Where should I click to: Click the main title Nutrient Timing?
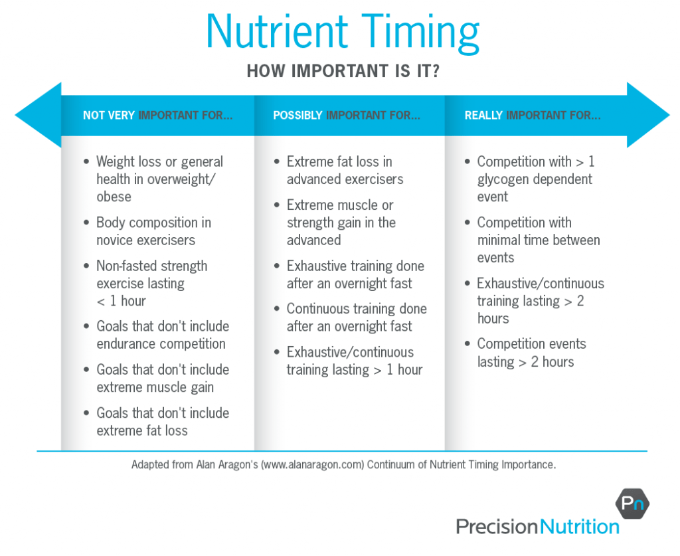pos(343,31)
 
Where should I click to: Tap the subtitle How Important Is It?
pos(343,71)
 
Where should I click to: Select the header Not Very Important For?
pos(157,116)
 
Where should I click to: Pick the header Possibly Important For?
pos(347,116)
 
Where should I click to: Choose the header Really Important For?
pos(533,116)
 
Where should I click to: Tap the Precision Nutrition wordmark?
pos(537,527)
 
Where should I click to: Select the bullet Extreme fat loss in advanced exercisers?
pos(345,171)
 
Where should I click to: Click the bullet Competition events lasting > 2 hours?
pos(531,353)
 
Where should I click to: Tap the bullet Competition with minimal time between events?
pos(538,240)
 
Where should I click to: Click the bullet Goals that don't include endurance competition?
pos(162,335)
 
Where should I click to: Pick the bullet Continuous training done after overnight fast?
pos(356,318)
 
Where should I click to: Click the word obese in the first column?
pos(114,197)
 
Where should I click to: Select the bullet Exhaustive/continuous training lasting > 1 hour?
pos(354,361)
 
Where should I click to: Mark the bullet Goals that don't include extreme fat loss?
pos(162,422)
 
